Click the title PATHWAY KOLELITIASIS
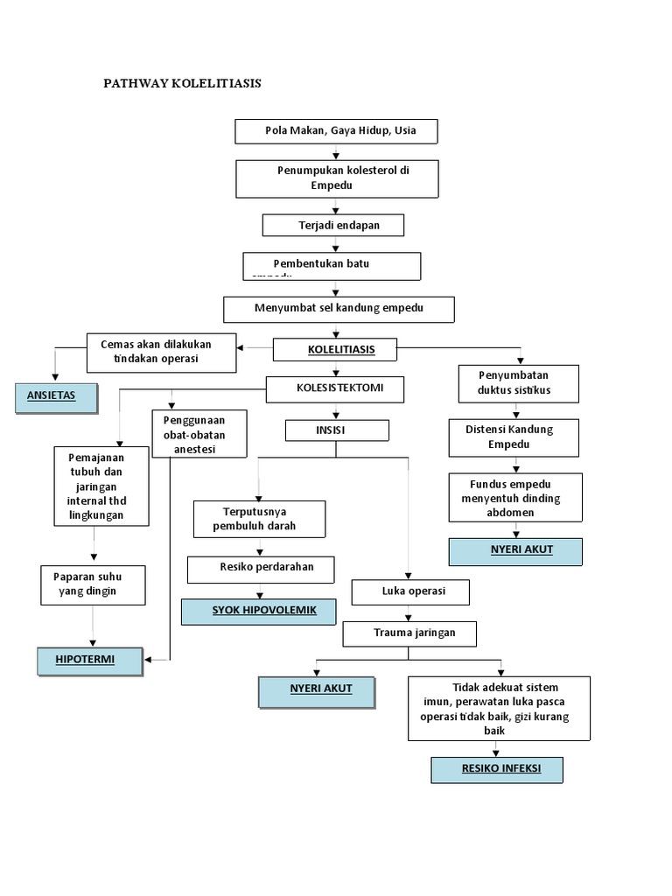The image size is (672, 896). [182, 83]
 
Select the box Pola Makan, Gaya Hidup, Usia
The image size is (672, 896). [336, 131]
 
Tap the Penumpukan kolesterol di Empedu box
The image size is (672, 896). [336, 178]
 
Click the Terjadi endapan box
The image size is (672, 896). [333, 225]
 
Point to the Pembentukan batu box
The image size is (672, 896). [332, 265]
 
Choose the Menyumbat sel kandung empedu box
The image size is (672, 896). [339, 309]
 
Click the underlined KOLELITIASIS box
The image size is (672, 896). [336, 350]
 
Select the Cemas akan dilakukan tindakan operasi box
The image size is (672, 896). [162, 352]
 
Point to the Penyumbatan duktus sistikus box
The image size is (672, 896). [518, 383]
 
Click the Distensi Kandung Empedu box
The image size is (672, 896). [514, 437]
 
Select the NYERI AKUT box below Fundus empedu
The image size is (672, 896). [514, 551]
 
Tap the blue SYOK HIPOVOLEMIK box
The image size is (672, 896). [258, 611]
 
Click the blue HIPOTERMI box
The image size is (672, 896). [89, 661]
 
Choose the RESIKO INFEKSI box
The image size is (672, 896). [496, 770]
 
